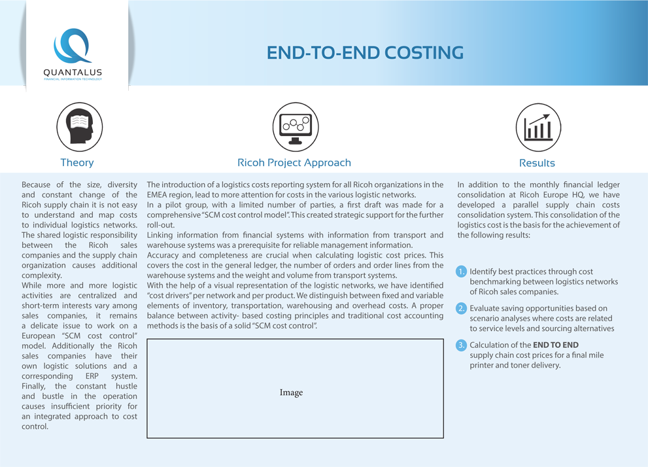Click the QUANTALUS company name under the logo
tap(73, 73)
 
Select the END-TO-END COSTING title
tap(365, 53)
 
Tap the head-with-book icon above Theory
tap(79, 127)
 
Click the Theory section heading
tap(77, 163)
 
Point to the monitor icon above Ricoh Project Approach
tap(295, 127)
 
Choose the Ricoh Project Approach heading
tap(294, 163)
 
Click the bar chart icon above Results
tap(537, 127)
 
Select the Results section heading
tap(537, 163)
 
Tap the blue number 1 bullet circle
tap(462, 271)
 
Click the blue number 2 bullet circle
tap(462, 308)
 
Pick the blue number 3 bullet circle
tap(462, 345)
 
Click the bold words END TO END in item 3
tap(556, 345)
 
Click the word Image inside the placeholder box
tap(291, 392)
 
